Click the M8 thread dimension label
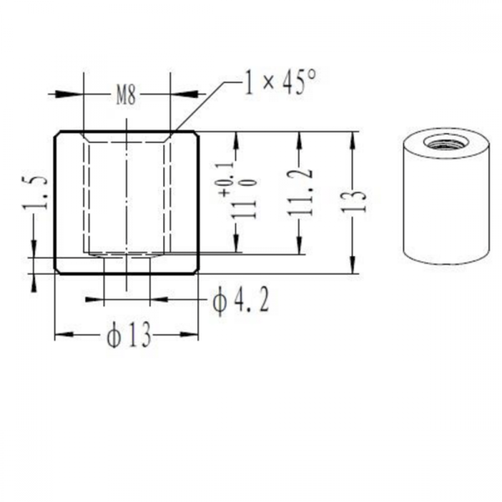point(126,95)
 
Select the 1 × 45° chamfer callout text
point(281,82)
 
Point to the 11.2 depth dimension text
point(300,192)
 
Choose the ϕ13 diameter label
point(129,335)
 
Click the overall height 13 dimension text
point(353,202)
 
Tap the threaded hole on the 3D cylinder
point(446,142)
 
